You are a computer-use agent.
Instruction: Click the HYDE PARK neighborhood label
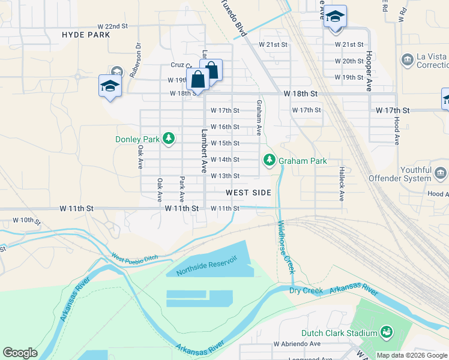coord(86,35)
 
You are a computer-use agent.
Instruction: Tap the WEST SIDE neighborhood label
coord(248,193)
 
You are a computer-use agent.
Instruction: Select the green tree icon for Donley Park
coord(169,139)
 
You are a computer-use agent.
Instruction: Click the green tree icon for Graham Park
coord(270,160)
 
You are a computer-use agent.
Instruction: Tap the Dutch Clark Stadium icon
coord(387,331)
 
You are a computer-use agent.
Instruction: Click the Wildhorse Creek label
coord(286,247)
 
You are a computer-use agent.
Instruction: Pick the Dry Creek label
coord(306,291)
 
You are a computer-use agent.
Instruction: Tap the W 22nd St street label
coord(113,27)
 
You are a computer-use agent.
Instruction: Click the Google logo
coord(20,353)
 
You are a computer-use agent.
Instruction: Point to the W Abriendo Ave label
coord(297,344)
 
